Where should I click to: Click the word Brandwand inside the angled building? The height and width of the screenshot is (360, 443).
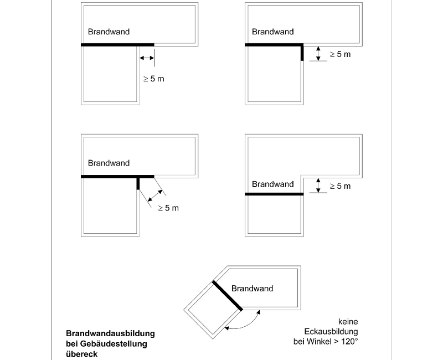click(x=252, y=289)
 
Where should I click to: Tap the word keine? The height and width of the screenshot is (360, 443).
click(x=348, y=321)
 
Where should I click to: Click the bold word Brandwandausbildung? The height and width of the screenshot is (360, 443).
click(x=110, y=334)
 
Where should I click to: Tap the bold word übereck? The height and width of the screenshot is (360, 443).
click(x=81, y=354)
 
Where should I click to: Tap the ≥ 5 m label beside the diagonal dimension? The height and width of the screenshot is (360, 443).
click(x=168, y=208)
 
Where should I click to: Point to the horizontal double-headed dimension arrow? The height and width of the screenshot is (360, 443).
click(x=147, y=58)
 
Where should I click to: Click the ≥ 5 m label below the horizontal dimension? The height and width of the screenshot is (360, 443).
click(x=153, y=79)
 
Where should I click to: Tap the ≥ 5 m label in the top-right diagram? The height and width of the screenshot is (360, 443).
click(x=340, y=54)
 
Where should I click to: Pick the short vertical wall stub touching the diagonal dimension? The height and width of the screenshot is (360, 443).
click(x=138, y=183)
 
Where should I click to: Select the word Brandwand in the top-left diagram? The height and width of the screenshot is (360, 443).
click(x=109, y=32)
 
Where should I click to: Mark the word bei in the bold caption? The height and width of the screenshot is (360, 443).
click(x=73, y=344)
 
